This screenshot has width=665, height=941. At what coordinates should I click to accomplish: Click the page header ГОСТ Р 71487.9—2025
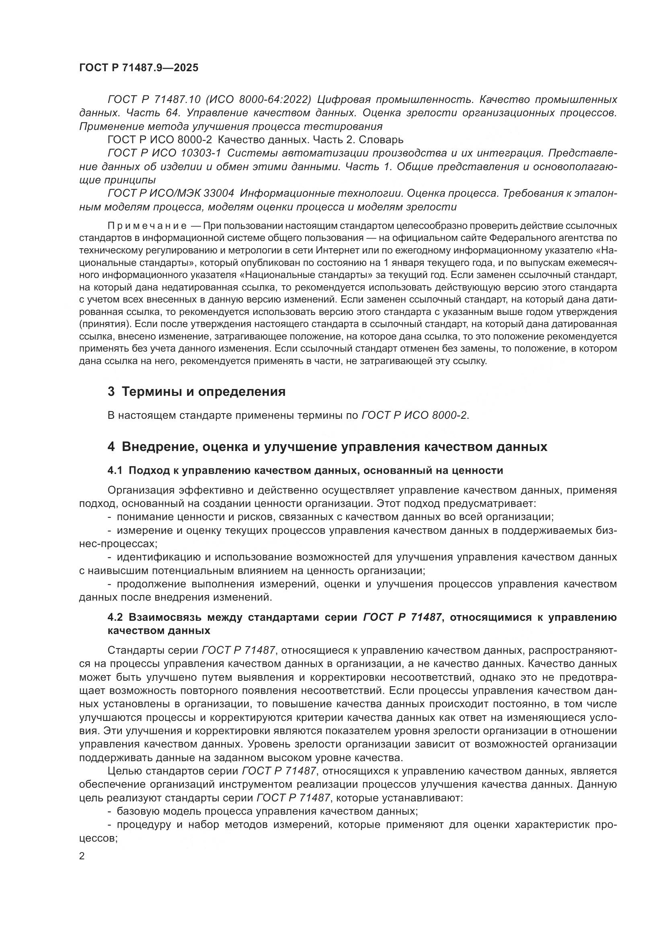point(138,68)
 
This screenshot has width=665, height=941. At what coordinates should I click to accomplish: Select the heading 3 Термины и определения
point(196,391)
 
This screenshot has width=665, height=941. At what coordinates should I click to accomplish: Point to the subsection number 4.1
point(115,471)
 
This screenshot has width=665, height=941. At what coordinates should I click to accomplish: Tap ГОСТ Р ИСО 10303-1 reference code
point(164,153)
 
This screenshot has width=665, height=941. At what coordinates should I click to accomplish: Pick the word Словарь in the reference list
point(381,140)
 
